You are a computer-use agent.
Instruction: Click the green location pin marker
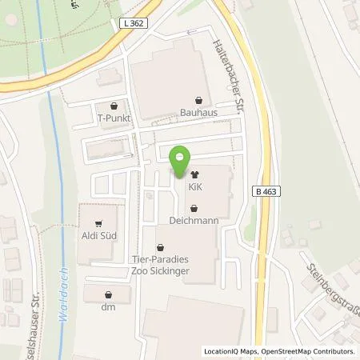(x=182, y=160)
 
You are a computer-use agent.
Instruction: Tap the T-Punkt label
(x=114, y=118)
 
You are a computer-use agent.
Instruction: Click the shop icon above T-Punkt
(x=114, y=105)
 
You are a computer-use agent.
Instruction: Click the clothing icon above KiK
(x=194, y=172)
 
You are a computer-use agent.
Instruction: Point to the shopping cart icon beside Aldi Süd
(x=98, y=225)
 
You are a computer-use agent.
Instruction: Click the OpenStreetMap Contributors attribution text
(x=312, y=352)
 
